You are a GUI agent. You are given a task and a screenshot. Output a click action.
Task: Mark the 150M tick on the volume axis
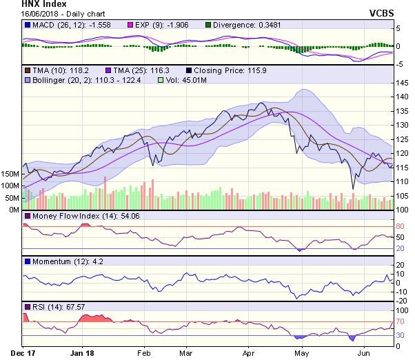point(11,173)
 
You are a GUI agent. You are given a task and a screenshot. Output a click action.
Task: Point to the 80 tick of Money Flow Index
point(398,226)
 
